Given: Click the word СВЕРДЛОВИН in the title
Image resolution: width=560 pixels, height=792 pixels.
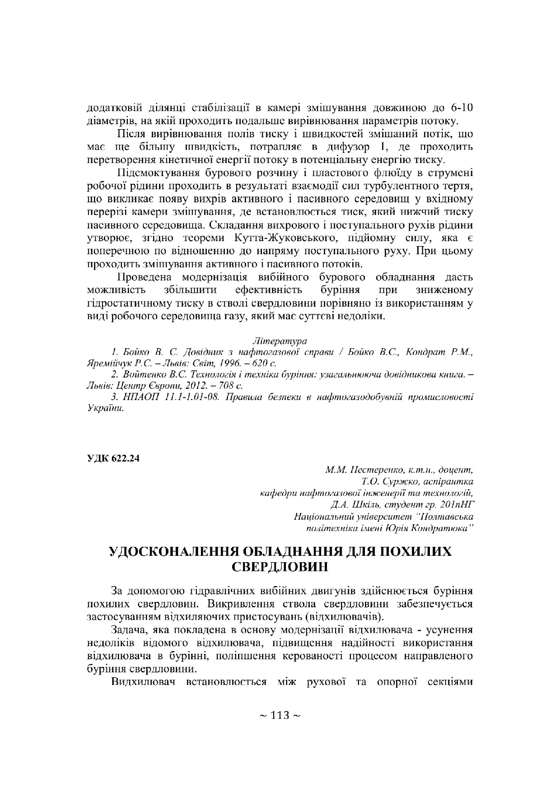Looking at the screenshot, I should tap(280, 567).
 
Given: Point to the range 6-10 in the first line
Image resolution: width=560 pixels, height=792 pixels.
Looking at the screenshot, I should tap(461, 108).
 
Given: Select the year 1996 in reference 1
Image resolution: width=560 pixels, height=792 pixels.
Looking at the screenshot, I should tap(225, 363).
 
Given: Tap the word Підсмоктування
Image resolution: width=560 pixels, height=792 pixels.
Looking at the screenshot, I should tap(159, 173).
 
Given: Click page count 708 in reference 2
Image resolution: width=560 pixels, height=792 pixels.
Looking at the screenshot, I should tap(229, 386).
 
